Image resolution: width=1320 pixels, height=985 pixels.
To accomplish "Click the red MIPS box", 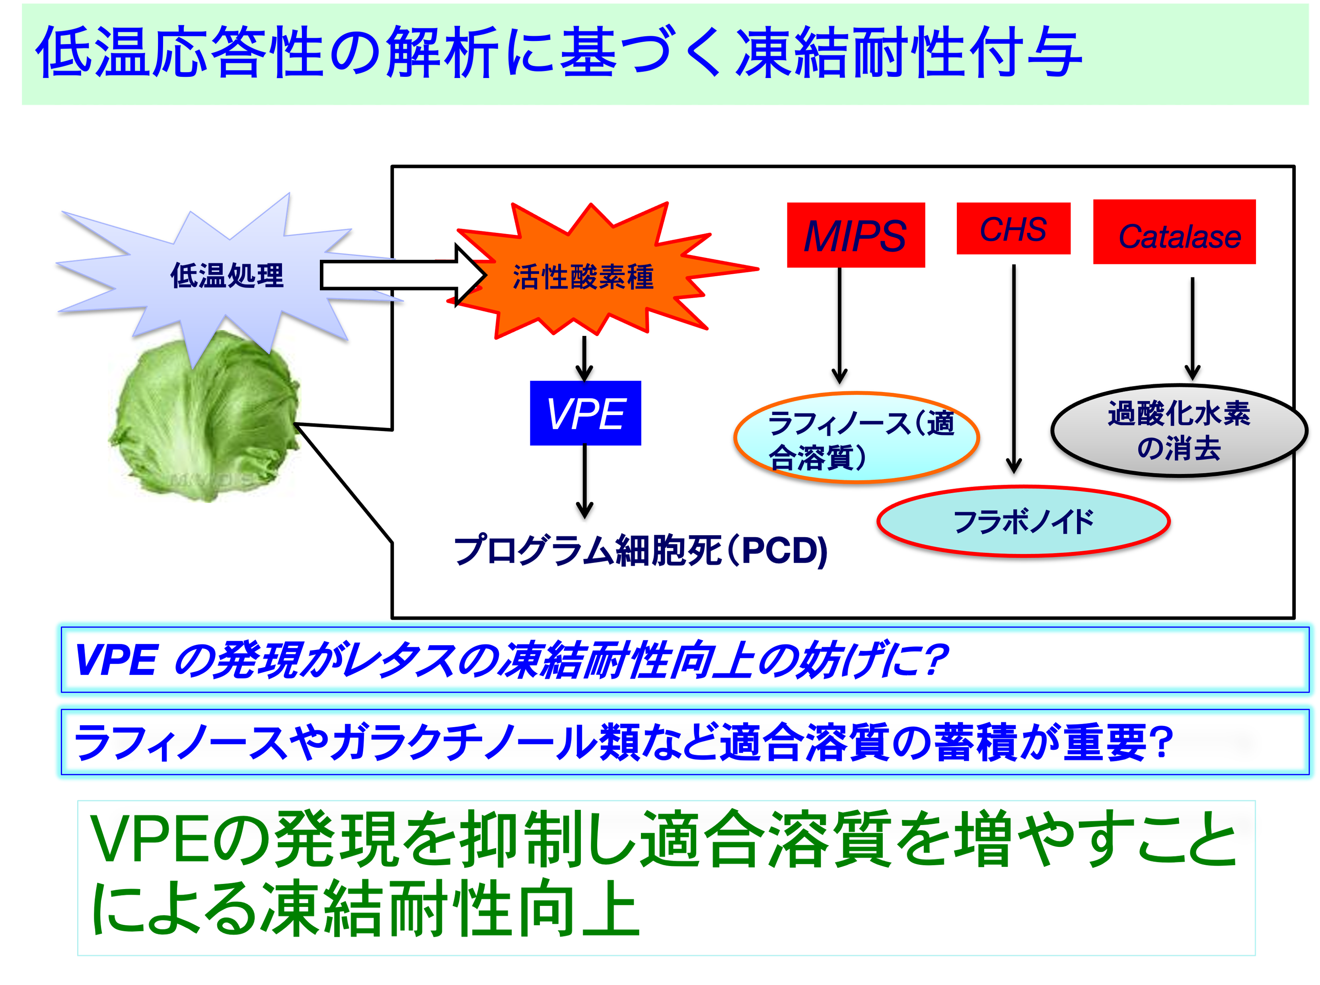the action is coord(855,234).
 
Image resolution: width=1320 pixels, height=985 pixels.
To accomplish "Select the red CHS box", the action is coord(1013,228).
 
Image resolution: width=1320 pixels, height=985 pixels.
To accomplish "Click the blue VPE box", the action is coord(585,413).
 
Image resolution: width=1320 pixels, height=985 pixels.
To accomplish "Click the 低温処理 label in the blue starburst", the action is coord(227,275).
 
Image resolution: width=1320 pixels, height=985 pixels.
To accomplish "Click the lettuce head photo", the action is coord(206,417).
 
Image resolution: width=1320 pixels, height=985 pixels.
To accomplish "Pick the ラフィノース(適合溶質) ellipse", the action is coord(857,437).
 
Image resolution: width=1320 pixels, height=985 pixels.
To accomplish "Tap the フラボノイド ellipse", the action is coord(1023,521).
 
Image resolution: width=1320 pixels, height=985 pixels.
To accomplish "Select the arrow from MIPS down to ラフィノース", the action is coord(840,326).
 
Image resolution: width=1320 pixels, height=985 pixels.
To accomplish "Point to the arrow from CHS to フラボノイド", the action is coord(1014,369).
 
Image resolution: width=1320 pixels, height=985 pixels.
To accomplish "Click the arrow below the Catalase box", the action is coord(1192,328).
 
